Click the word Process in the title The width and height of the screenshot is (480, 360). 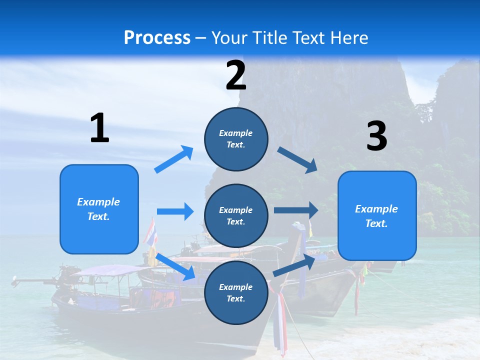(157, 37)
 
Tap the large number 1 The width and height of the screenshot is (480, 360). (99, 128)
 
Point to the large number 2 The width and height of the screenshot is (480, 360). (236, 75)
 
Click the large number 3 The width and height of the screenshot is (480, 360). (376, 136)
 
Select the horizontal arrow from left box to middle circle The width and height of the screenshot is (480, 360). (175, 211)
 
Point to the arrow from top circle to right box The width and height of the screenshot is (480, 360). (297, 160)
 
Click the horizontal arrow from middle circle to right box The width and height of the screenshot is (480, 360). (295, 210)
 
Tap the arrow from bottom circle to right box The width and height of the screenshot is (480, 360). (294, 265)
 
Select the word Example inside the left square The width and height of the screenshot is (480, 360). (98, 202)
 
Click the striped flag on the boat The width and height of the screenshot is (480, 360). (150, 232)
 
